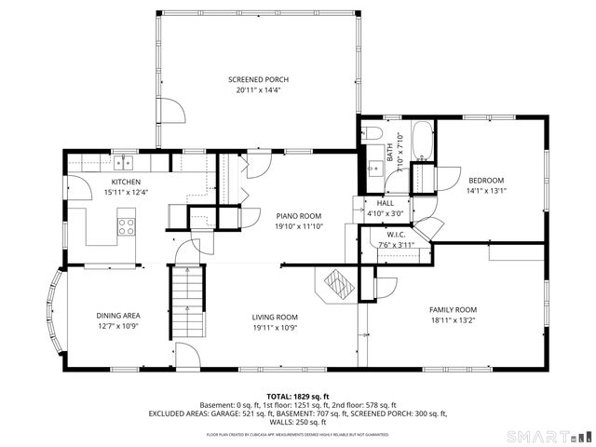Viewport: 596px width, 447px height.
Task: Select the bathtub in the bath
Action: pos(422,140)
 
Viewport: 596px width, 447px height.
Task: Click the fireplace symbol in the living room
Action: pos(335,284)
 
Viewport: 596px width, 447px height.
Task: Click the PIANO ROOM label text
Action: pos(297,215)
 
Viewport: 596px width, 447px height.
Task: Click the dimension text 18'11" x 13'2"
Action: pos(453,320)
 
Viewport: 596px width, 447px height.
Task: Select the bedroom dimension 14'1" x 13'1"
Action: pos(486,190)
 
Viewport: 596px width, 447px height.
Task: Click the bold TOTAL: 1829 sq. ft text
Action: pos(298,396)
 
